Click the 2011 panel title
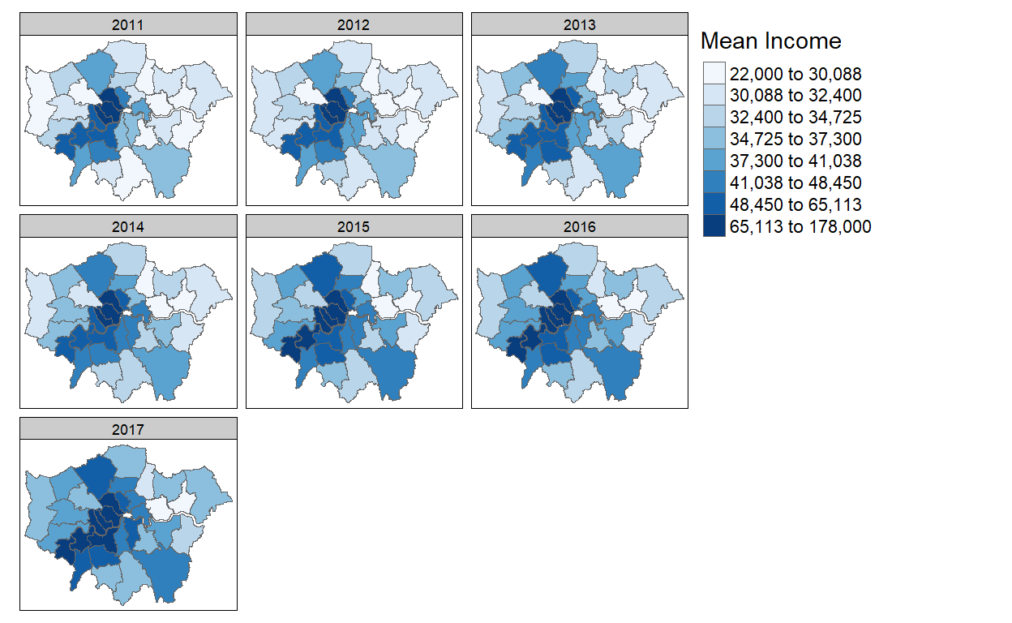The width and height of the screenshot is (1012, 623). click(x=128, y=24)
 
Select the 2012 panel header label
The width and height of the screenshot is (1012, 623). click(x=354, y=24)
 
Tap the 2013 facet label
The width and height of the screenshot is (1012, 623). click(x=579, y=24)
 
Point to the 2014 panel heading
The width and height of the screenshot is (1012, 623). click(x=128, y=227)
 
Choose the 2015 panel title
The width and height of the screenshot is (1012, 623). click(x=354, y=227)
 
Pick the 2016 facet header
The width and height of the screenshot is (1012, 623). click(x=579, y=227)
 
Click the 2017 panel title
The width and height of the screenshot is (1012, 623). click(x=128, y=429)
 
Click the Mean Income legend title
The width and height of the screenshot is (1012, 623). click(x=770, y=41)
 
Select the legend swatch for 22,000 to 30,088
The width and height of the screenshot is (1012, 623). click(x=714, y=74)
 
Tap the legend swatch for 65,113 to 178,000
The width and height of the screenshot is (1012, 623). click(x=714, y=226)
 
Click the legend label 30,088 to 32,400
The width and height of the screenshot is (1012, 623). click(x=795, y=96)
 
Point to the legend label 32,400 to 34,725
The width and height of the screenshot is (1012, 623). click(x=795, y=118)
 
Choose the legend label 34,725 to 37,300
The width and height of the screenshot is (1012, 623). click(x=795, y=140)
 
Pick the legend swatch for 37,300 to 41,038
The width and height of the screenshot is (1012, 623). click(x=714, y=161)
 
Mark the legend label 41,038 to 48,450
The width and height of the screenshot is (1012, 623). click(x=795, y=183)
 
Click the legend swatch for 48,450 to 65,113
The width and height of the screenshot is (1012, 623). click(x=714, y=204)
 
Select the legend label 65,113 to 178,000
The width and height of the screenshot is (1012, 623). click(x=800, y=227)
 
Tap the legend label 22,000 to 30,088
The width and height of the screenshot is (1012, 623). click(x=795, y=74)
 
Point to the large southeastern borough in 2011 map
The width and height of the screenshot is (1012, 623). click(x=168, y=168)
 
